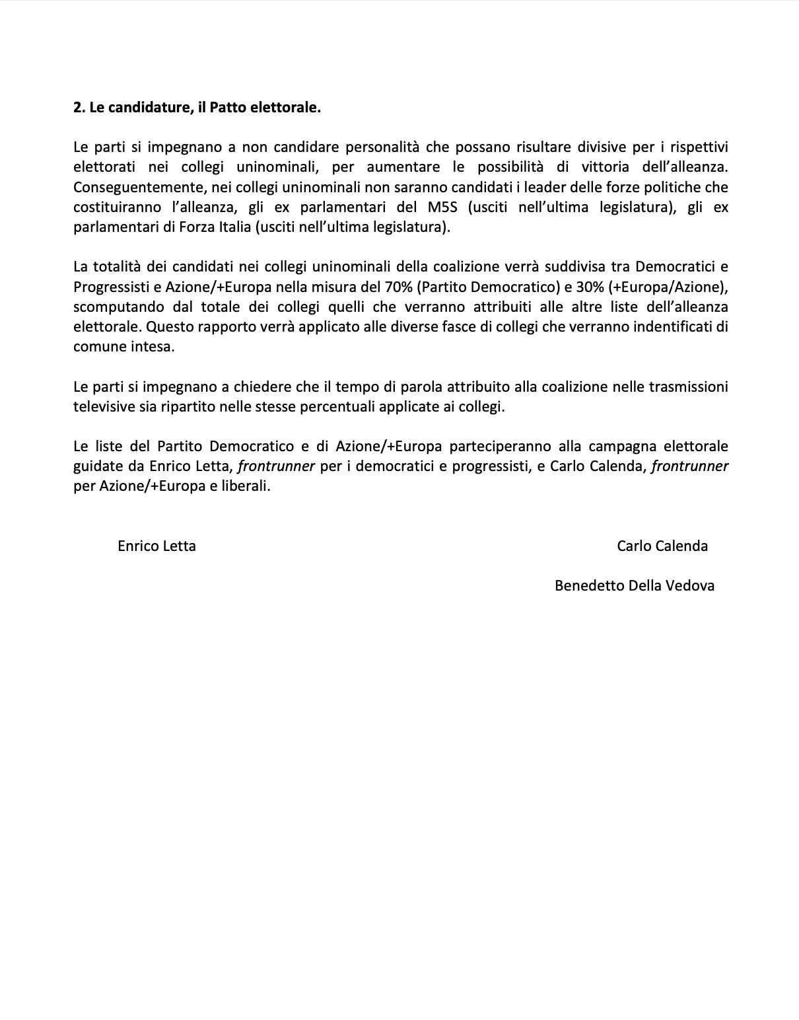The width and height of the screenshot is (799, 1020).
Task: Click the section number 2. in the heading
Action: [79, 107]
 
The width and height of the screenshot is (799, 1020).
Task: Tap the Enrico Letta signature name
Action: [156, 546]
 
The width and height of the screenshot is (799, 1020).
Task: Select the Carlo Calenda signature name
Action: [662, 546]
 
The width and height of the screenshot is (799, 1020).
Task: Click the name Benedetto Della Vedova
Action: [635, 586]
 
